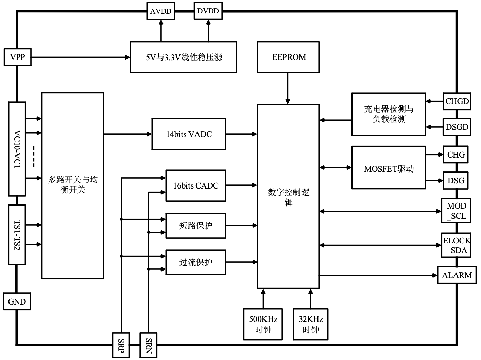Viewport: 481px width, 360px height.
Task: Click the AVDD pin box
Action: (161, 11)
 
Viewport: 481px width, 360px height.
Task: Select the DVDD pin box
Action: (208, 11)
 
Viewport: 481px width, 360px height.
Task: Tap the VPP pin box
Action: (17, 57)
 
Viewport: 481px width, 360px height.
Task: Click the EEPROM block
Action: (288, 57)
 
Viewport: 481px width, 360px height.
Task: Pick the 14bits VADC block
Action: (189, 134)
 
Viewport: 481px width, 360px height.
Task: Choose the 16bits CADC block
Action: (195, 185)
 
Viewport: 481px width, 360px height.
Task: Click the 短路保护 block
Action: (195, 225)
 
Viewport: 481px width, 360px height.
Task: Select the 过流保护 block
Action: (195, 262)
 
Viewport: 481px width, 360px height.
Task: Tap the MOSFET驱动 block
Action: (389, 167)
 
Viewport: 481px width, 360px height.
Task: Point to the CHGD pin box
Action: (457, 101)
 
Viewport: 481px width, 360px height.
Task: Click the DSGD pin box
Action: (457, 127)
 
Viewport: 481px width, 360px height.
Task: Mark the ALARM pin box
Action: (457, 275)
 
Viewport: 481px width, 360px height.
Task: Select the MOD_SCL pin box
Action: (456, 211)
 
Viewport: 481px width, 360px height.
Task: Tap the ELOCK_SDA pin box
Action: (456, 245)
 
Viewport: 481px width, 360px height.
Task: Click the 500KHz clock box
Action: (263, 324)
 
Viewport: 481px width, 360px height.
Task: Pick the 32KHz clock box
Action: (311, 324)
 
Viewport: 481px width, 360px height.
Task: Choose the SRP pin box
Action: (121, 345)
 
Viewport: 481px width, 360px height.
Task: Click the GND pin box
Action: (17, 301)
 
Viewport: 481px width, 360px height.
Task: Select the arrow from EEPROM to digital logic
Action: (288, 88)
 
